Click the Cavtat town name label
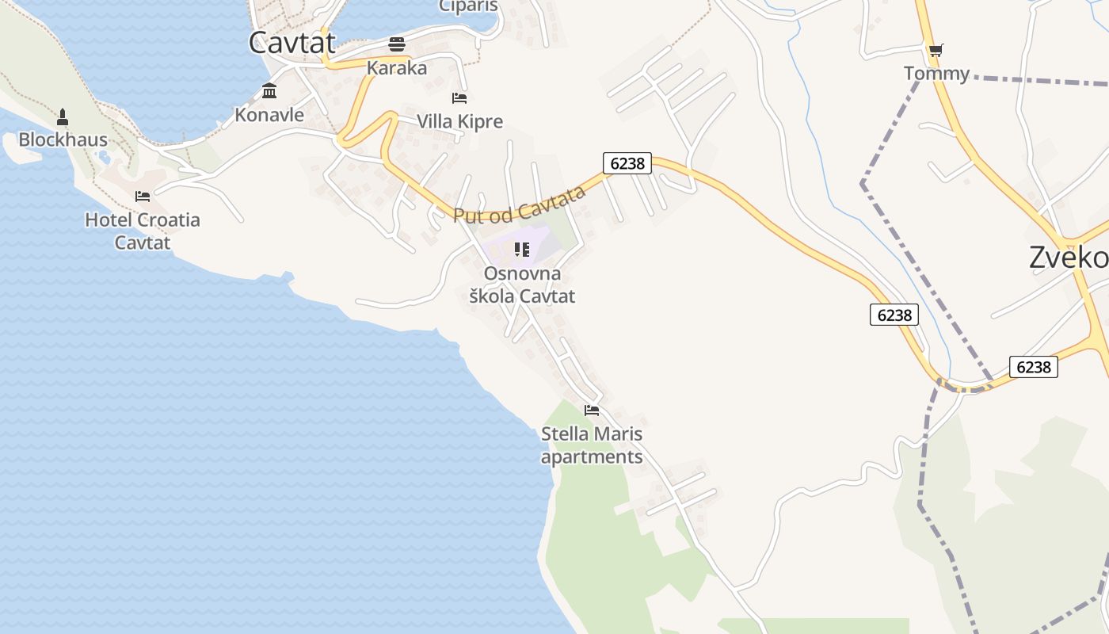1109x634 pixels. [292, 43]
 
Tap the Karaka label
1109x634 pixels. [397, 68]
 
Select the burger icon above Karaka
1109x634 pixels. [397, 43]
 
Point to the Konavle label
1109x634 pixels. [269, 115]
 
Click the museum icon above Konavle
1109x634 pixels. [269, 91]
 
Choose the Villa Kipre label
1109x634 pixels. [459, 121]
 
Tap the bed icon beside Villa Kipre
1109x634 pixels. [459, 98]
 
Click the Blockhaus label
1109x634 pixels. [63, 140]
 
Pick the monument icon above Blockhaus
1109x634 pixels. [63, 117]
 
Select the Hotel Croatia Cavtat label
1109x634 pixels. [143, 231]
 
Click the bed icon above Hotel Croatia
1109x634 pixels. [143, 196]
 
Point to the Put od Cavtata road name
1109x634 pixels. [520, 204]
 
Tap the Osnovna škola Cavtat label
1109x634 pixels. [522, 285]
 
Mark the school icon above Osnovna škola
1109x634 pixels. [521, 250]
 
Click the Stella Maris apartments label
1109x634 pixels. [592, 445]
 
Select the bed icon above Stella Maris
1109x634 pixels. [592, 411]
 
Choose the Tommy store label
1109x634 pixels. [936, 74]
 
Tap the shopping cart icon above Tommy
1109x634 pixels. [936, 51]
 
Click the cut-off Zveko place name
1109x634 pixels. [1068, 258]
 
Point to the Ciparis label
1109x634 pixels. [468, 6]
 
